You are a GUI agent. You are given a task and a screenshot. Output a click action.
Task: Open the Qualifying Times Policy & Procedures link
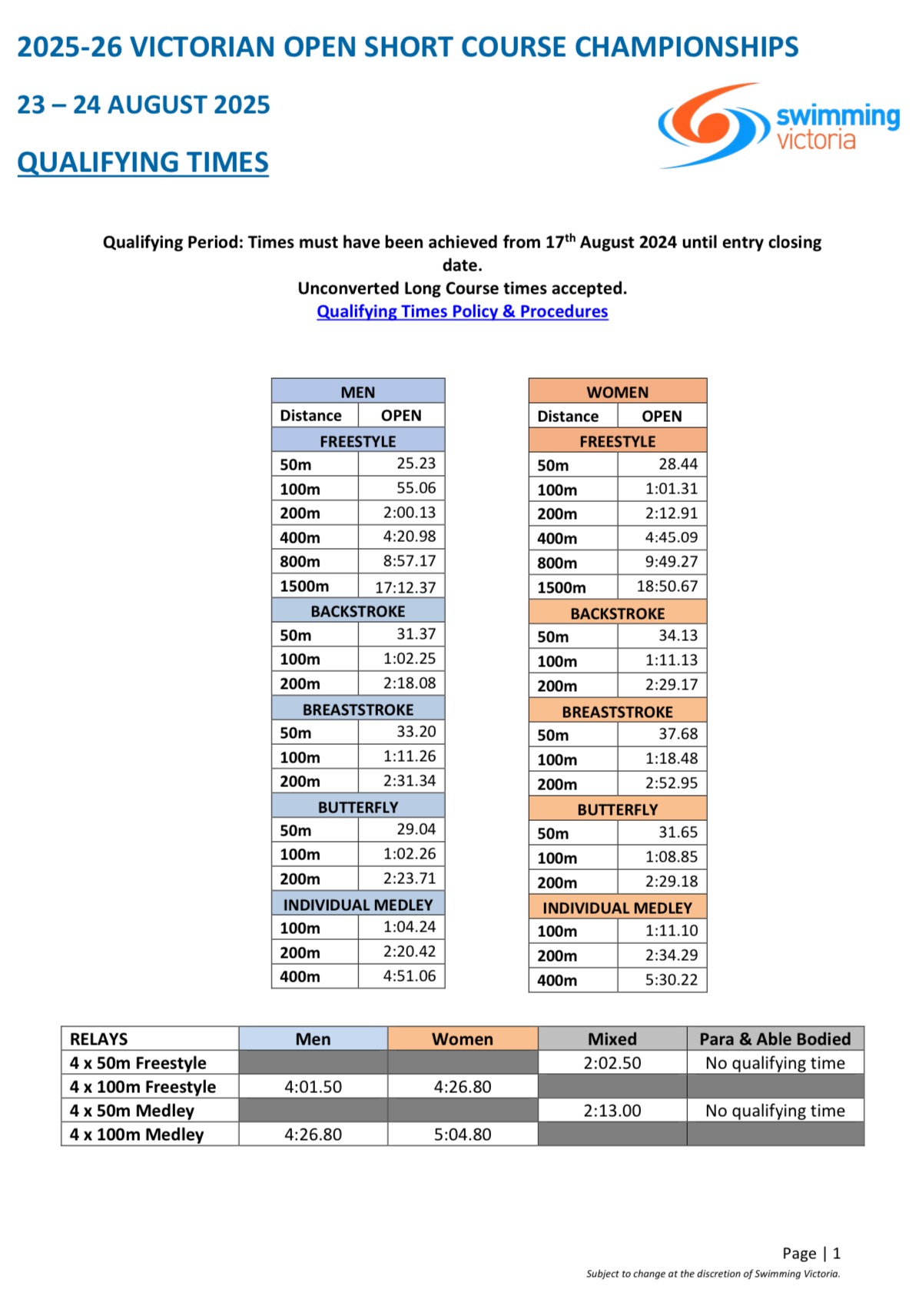tap(462, 311)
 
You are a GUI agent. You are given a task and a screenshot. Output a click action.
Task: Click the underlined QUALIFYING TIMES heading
tap(143, 162)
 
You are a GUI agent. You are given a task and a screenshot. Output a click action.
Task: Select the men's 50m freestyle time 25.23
tap(416, 463)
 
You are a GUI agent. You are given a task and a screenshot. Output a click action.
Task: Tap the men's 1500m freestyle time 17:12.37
tap(405, 587)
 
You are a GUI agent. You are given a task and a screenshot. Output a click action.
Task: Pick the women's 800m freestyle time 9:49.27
tap(671, 562)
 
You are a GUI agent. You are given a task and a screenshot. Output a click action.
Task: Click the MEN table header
tap(358, 392)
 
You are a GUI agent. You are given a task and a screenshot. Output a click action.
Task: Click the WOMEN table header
tap(617, 392)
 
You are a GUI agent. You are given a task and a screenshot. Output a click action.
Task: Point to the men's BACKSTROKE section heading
tap(358, 611)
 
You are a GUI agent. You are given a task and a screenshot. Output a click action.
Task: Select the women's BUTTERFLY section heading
tap(617, 809)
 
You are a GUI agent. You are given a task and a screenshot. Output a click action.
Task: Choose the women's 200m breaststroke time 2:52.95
tap(671, 783)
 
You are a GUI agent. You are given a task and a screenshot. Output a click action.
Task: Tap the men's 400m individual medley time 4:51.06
tap(409, 976)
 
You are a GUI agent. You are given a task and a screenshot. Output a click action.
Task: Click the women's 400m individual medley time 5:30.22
tap(671, 980)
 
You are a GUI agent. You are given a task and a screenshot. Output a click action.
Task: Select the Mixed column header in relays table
tap(612, 1039)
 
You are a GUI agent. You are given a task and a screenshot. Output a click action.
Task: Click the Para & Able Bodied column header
tap(775, 1039)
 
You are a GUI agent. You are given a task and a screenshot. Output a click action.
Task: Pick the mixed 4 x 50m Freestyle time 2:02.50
tap(612, 1063)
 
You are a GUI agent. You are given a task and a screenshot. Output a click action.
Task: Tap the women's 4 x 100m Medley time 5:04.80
tap(462, 1135)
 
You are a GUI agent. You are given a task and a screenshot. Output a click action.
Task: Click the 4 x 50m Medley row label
tap(132, 1111)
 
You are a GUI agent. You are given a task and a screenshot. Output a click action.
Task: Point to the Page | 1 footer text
tap(811, 1254)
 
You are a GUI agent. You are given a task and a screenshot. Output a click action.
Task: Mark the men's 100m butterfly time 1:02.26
tap(409, 854)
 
